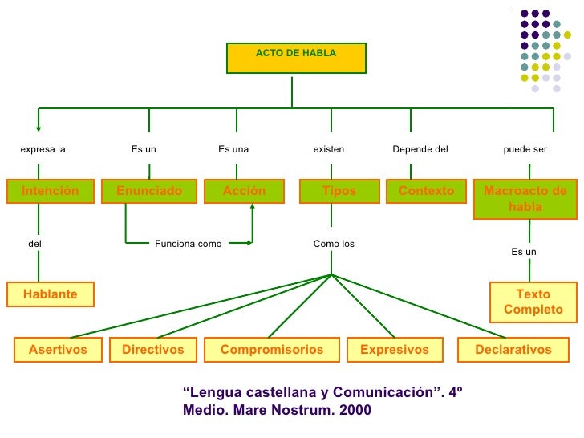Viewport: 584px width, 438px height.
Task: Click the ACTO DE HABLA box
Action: (x=296, y=57)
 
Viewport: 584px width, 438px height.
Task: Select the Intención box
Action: (x=51, y=191)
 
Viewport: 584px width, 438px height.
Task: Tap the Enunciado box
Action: (x=149, y=191)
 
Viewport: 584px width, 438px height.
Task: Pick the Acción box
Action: (x=244, y=191)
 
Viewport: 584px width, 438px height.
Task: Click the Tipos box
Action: (x=339, y=191)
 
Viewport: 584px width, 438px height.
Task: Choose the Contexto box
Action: (x=426, y=191)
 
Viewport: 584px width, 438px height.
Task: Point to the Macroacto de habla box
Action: (x=525, y=199)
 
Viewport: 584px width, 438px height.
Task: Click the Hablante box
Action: (x=51, y=294)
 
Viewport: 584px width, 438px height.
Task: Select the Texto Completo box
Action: (x=533, y=302)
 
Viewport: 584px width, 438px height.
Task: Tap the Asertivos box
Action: (x=58, y=350)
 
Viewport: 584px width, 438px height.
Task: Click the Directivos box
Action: (x=152, y=350)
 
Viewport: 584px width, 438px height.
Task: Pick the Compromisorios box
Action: (x=272, y=350)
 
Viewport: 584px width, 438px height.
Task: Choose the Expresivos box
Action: (x=394, y=350)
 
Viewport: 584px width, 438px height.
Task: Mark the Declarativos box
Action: (x=513, y=350)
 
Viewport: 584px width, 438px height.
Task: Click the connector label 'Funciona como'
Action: (x=188, y=244)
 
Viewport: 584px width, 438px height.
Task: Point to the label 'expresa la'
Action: (x=43, y=149)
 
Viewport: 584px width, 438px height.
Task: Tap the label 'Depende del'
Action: (x=420, y=149)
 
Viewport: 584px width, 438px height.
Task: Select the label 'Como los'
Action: (x=334, y=244)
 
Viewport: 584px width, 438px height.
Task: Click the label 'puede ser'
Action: (x=525, y=149)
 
